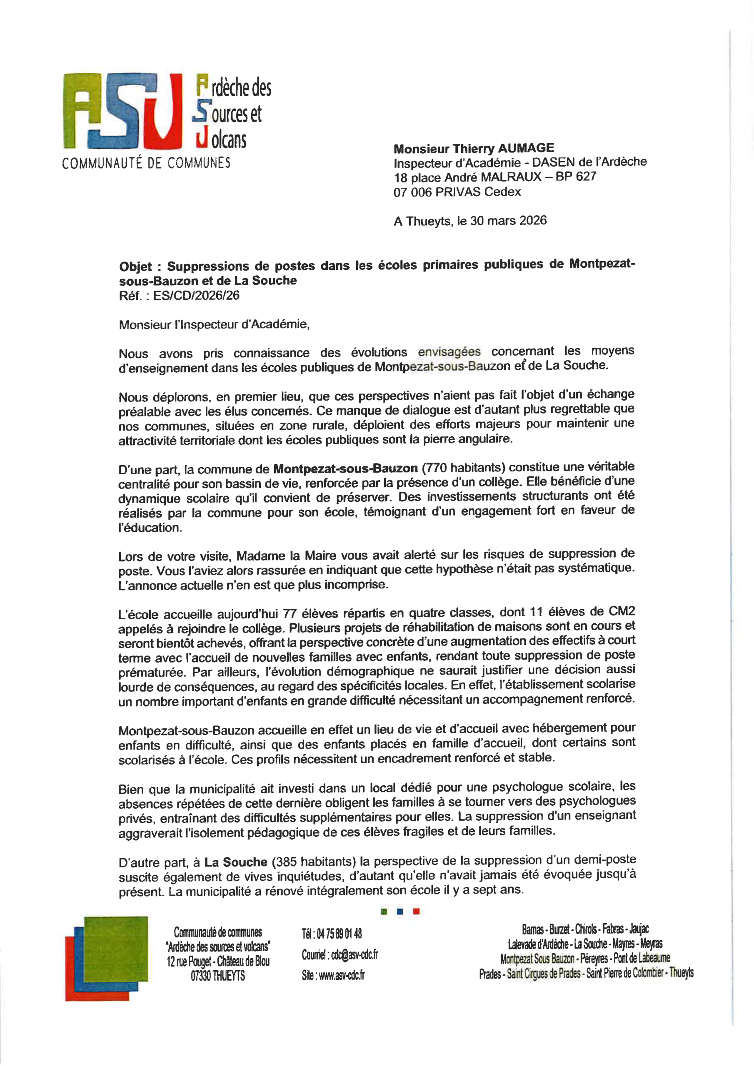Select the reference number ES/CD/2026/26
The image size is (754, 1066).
pos(196,296)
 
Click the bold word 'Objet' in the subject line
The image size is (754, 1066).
pos(135,266)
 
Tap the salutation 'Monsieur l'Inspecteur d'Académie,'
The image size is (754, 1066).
pos(214,324)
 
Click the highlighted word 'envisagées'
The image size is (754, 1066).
pos(449,352)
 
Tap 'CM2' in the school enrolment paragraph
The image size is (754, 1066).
pos(622,611)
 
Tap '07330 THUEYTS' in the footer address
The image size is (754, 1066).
pos(217,976)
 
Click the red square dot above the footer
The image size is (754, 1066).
pos(416,912)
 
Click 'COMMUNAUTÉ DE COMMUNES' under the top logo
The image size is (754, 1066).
pos(146,163)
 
